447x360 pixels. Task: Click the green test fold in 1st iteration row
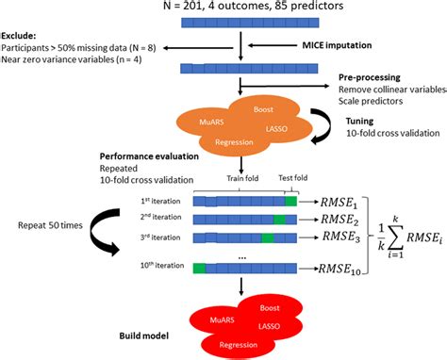[290, 200]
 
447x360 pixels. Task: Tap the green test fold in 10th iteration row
[199, 269]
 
